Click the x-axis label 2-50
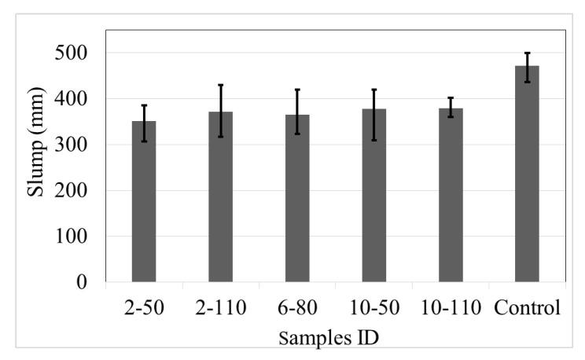click(x=144, y=307)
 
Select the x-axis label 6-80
click(x=297, y=307)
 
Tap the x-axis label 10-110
click(x=451, y=307)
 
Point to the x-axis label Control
click(x=528, y=307)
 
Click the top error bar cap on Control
click(x=528, y=53)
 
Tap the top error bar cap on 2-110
click(x=221, y=85)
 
